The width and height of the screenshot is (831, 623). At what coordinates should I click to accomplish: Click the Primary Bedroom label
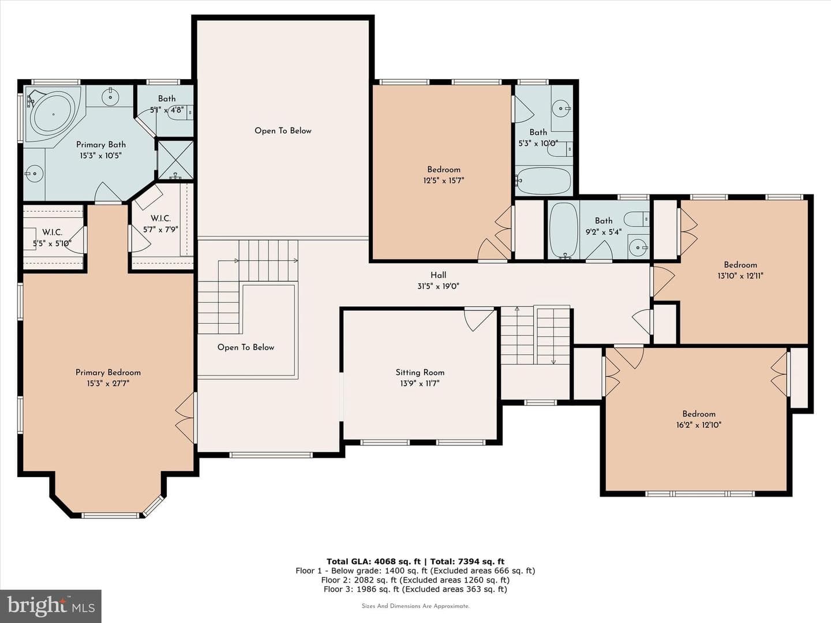(x=108, y=377)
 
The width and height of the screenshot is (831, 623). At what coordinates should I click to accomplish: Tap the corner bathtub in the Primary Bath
(x=53, y=114)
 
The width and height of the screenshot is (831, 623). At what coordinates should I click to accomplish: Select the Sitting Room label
(x=420, y=377)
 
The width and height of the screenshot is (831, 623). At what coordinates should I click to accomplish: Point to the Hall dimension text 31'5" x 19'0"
(x=438, y=286)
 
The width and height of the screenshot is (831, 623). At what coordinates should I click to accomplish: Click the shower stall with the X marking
(x=175, y=160)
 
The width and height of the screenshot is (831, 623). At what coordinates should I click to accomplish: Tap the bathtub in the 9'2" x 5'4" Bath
(x=564, y=230)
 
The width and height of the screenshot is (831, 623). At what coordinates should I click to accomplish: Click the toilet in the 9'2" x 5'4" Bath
(x=636, y=219)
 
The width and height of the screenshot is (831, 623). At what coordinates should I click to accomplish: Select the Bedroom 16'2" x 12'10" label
(x=698, y=419)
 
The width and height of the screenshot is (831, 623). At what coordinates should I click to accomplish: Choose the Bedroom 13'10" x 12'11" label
(x=740, y=270)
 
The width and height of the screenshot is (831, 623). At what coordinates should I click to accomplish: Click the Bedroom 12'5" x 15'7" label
(x=444, y=175)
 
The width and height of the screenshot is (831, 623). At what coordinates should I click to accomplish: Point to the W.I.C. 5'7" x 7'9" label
(x=160, y=224)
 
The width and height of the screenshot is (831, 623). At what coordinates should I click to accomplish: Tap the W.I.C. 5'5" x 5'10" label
(x=53, y=238)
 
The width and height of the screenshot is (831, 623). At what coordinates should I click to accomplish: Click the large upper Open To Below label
(x=283, y=131)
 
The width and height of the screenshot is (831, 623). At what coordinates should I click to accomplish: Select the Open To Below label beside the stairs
(x=246, y=347)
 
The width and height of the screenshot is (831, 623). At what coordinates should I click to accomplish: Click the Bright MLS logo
(x=51, y=606)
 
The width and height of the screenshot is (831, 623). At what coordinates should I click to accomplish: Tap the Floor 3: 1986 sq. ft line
(x=415, y=589)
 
